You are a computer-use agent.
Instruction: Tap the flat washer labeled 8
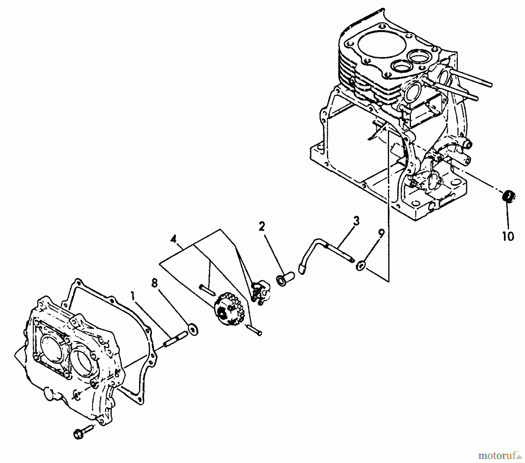[x=193, y=329]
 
